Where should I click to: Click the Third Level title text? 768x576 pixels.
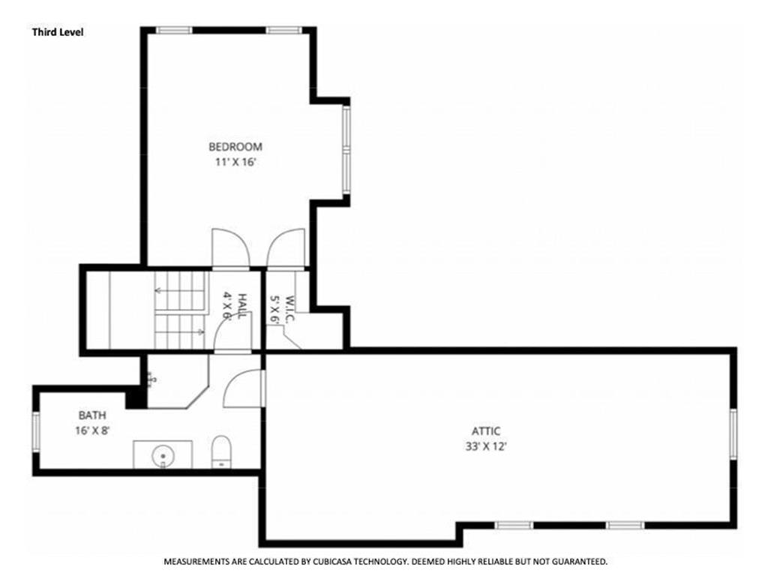tap(57, 32)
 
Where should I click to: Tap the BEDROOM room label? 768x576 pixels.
tap(235, 147)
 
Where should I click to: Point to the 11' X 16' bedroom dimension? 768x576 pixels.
tap(235, 162)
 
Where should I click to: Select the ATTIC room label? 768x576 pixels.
tap(486, 431)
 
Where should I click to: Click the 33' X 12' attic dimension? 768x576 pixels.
tap(486, 446)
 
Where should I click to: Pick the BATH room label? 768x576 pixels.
tap(92, 415)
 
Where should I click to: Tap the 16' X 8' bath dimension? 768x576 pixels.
tap(92, 430)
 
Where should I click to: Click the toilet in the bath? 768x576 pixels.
tap(220, 452)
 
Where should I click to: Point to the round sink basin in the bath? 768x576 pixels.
tap(163, 454)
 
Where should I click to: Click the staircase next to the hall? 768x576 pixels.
tap(180, 310)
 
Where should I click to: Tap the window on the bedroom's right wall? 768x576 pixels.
tap(346, 150)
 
